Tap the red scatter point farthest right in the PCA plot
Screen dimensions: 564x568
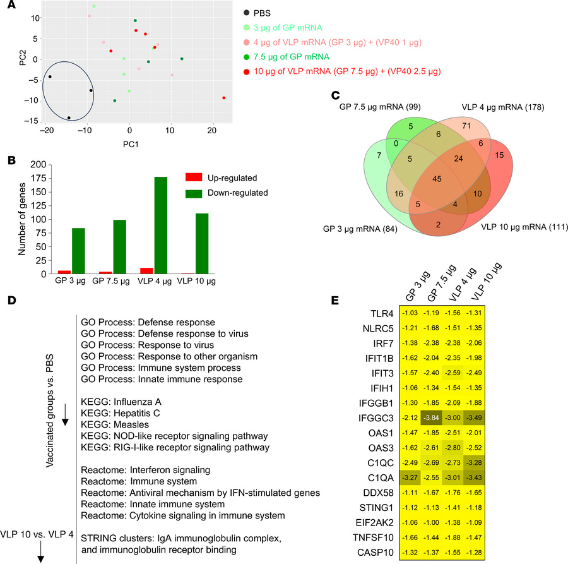click(224, 98)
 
